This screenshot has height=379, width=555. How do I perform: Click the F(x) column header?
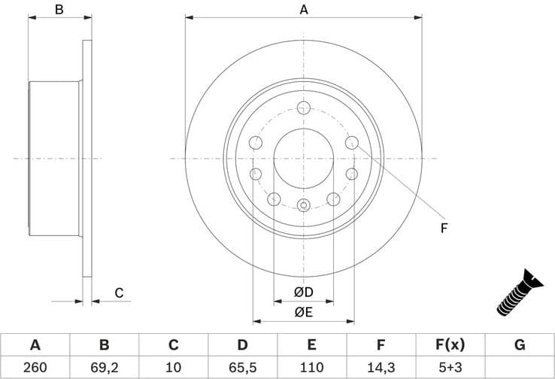450,345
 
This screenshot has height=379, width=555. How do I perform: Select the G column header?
520,345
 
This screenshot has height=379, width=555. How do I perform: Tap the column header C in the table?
173,345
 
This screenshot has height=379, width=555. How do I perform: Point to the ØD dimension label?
303,292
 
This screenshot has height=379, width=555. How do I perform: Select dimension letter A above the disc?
304,10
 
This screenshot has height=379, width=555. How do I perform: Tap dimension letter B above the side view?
59,10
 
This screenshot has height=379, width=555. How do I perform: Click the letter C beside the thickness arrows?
119,293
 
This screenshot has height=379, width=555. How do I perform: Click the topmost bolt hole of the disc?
303,108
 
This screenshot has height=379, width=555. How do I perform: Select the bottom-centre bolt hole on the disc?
303,204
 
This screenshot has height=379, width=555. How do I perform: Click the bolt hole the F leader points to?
350,143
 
